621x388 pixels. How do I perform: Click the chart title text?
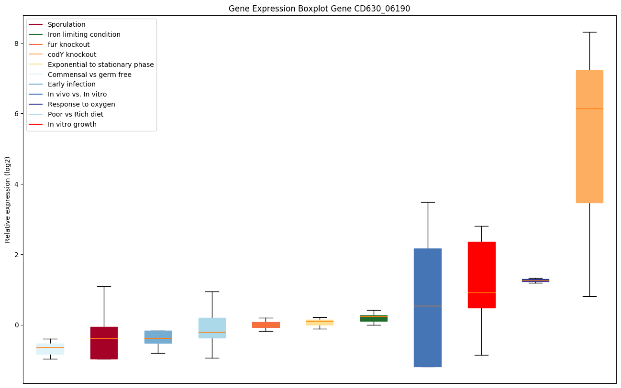[x=319, y=9]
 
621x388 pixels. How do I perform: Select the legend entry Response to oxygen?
[x=81, y=104]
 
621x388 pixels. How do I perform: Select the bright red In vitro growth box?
[x=481, y=268]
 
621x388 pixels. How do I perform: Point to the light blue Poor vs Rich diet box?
[x=212, y=325]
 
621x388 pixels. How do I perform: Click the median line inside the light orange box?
[x=589, y=109]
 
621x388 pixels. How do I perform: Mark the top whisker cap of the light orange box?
[x=589, y=32]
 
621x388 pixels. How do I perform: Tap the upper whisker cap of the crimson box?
[x=104, y=286]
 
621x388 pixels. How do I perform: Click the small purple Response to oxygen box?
[x=535, y=280]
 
